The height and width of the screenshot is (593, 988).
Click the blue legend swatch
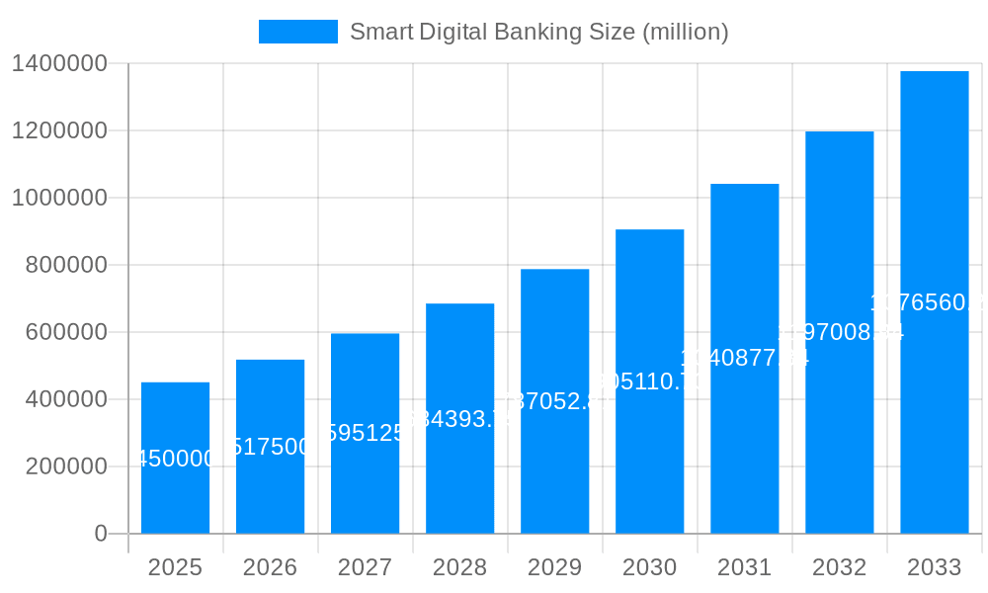click(297, 32)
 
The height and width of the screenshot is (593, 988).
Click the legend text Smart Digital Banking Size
click(539, 32)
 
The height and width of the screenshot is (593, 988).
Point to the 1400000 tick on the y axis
click(59, 63)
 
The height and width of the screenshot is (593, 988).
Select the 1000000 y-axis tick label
click(59, 198)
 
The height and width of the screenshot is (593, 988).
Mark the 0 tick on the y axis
click(101, 534)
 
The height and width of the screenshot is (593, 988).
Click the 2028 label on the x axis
click(459, 567)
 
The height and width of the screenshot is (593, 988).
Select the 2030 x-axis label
click(649, 567)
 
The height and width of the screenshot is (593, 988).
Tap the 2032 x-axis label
click(839, 567)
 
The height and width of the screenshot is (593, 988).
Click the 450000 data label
click(175, 459)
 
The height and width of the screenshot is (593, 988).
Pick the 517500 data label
click(270, 447)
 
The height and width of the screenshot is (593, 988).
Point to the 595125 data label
click(365, 433)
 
